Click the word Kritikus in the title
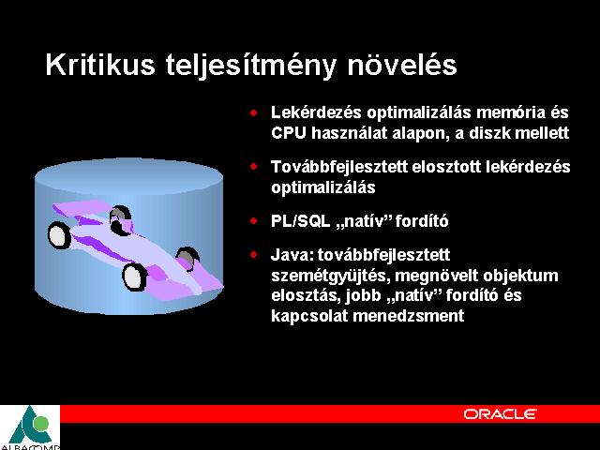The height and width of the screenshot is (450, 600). (x=100, y=65)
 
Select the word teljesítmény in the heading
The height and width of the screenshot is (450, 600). (x=251, y=66)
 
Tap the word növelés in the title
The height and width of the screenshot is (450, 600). (x=402, y=65)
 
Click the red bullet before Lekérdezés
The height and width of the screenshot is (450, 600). (x=253, y=112)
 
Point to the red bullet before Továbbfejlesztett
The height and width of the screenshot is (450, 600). (x=253, y=167)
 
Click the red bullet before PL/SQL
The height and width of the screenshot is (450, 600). (x=253, y=221)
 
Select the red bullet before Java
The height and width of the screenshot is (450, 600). (x=253, y=254)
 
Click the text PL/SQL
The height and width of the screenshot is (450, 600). (x=300, y=221)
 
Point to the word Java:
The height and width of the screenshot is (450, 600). (x=292, y=255)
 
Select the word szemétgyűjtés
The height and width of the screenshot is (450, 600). (x=331, y=277)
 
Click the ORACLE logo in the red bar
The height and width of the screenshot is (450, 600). (x=500, y=414)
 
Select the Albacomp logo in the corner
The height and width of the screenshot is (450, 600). (x=30, y=427)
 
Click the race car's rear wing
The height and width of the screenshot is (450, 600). (x=82, y=208)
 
